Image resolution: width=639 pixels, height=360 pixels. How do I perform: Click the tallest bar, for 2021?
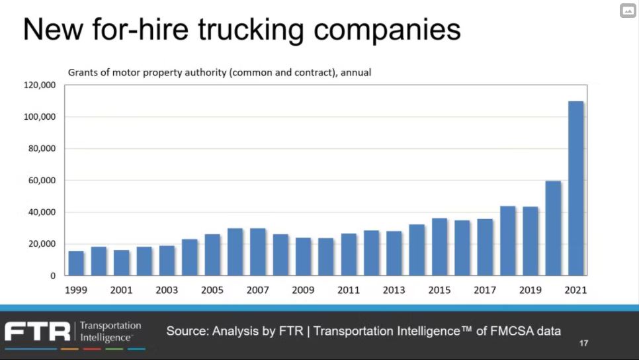(575, 189)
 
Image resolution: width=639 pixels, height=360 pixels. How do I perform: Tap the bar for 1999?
(76, 263)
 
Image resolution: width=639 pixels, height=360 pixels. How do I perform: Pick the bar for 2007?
(258, 252)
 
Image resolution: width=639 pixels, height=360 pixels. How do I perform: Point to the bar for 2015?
(439, 247)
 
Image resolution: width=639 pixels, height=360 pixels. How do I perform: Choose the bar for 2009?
(303, 257)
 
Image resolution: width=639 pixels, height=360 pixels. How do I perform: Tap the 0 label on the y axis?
(53, 276)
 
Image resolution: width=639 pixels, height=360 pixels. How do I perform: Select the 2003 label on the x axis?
(167, 290)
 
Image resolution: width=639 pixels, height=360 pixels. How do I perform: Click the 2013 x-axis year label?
(394, 290)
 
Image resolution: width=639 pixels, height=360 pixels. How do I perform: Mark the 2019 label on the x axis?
(530, 290)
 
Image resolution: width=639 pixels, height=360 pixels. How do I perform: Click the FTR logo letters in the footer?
(37, 331)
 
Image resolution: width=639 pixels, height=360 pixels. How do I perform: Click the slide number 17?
(583, 343)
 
